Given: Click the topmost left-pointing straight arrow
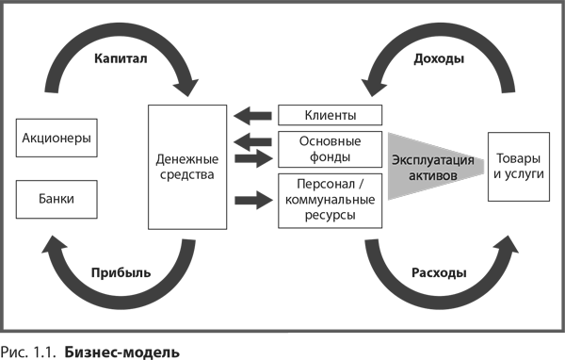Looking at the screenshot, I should (252, 116).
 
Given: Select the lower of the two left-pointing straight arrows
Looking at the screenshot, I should (252, 141).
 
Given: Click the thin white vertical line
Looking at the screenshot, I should (143, 215).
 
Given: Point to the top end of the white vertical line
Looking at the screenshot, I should (143, 146).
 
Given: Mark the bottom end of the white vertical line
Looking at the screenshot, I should (143, 285).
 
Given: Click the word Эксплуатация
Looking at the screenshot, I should (432, 159).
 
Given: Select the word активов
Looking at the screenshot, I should (432, 176).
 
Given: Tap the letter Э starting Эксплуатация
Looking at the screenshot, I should (395, 159).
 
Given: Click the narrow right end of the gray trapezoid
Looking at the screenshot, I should (482, 166).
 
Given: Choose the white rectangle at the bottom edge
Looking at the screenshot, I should (426, 346).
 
